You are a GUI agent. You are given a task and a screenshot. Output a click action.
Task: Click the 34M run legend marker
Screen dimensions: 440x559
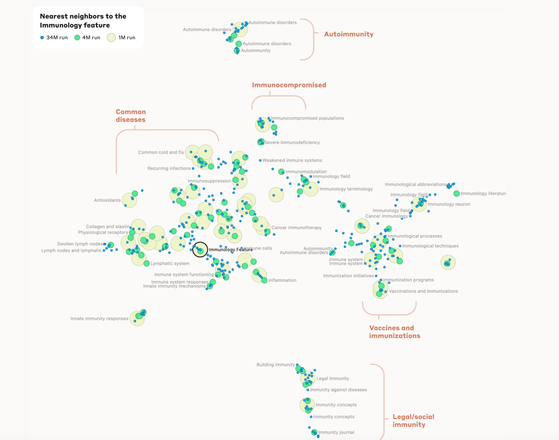coord(42,38)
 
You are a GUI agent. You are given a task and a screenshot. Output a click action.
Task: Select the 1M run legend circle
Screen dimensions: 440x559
coord(111,38)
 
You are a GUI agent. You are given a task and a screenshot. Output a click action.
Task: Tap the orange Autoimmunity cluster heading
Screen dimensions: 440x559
coord(349,34)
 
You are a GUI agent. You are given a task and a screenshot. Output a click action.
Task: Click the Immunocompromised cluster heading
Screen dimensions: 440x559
coord(289,85)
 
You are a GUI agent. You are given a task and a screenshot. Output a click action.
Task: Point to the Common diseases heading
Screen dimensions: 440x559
coord(131,116)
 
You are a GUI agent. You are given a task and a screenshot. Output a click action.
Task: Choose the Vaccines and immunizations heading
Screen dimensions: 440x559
coord(394,332)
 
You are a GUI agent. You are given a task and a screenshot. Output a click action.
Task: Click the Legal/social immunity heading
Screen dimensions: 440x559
coord(413,421)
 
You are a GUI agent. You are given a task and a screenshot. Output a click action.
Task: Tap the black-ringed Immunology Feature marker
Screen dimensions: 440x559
coord(200,250)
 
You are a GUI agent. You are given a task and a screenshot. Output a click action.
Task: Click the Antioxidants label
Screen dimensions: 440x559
coord(107,200)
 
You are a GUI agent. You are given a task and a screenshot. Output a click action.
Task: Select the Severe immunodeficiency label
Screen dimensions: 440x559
coord(292,143)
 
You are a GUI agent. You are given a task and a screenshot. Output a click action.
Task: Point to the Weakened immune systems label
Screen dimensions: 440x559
coord(292,161)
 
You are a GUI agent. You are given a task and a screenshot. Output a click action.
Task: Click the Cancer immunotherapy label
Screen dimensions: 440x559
coord(296,228)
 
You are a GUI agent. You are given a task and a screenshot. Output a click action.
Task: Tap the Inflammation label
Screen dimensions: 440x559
coord(282,280)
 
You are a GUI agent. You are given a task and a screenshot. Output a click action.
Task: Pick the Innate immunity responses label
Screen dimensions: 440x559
coord(99,319)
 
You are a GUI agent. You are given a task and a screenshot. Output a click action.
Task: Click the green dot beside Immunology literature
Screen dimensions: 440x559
coord(456,194)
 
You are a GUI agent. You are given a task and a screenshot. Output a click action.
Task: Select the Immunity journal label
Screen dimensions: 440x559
coord(336,433)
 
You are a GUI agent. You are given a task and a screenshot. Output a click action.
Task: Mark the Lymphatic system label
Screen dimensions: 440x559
coord(170,264)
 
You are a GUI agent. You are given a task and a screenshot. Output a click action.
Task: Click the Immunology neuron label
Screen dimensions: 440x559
coord(449,204)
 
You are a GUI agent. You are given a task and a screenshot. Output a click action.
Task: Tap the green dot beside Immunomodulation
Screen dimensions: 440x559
coord(281,172)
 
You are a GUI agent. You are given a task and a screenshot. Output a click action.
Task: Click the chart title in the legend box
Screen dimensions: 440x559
coord(83,21)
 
